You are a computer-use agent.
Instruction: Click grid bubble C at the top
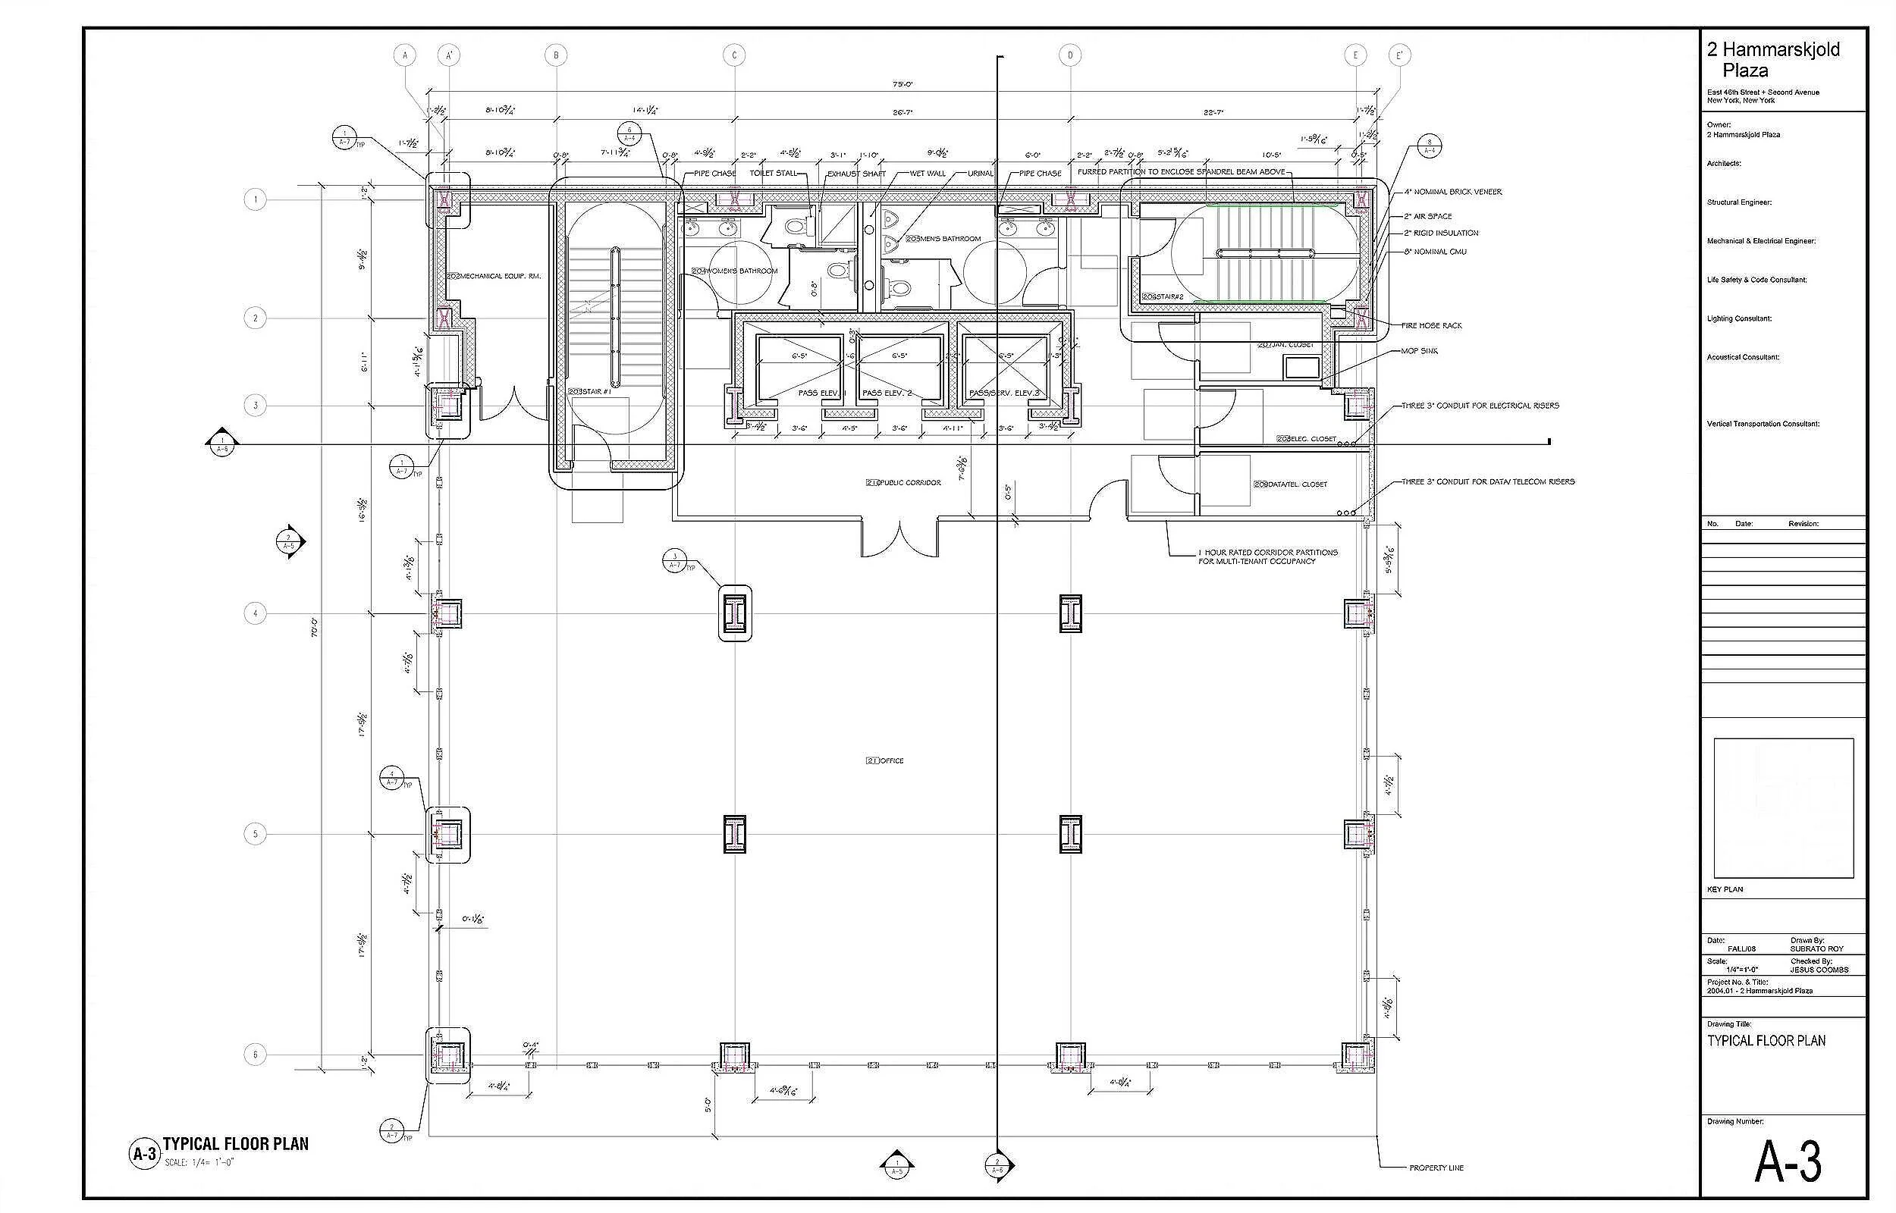pos(734,55)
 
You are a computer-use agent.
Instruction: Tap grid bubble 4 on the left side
pos(254,613)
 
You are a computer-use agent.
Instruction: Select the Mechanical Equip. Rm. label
pos(494,277)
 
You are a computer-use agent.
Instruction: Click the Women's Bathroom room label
pos(735,271)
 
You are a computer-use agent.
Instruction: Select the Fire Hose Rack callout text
pos(1431,325)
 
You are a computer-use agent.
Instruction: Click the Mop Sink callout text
pos(1419,351)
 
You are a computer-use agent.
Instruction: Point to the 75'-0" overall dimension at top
pos(902,84)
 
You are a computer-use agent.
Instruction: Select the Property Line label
pos(1436,1168)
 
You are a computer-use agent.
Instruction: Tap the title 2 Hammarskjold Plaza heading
pos(1772,60)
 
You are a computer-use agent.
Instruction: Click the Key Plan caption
pos(1725,889)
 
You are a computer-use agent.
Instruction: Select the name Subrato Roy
pos(1816,949)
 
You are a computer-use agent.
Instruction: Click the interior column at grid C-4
pos(735,613)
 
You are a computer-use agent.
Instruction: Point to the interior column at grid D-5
pos(1069,834)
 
